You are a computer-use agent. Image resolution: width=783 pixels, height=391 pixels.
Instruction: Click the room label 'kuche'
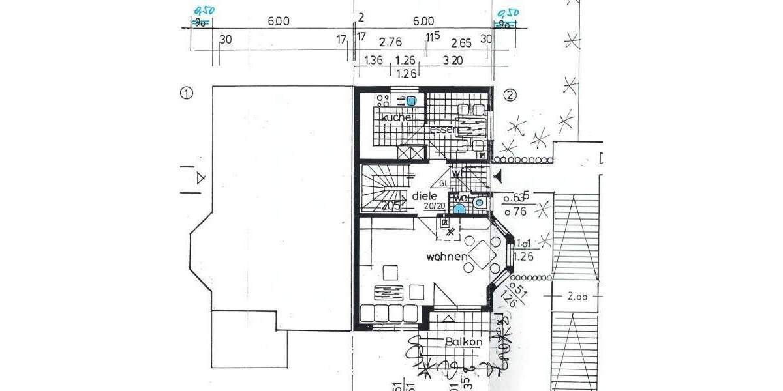[x=397, y=117]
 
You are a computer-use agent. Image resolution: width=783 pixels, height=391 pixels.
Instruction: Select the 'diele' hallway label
[x=423, y=195]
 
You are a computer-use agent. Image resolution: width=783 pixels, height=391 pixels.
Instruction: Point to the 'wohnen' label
[x=447, y=257]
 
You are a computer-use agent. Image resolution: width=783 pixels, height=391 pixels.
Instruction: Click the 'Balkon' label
[x=464, y=341]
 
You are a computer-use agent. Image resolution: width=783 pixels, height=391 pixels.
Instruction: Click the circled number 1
[x=187, y=93]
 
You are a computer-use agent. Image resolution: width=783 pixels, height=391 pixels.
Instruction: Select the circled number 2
[x=510, y=94]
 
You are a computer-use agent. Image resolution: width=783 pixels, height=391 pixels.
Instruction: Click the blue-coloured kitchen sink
[x=412, y=101]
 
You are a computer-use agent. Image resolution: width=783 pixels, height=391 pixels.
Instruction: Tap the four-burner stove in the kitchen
[x=383, y=100]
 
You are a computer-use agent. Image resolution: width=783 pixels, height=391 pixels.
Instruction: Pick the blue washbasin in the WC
[x=459, y=209]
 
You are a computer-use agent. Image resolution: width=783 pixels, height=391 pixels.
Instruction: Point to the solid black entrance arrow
[x=497, y=175]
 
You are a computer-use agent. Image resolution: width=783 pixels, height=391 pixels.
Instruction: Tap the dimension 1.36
[x=373, y=61]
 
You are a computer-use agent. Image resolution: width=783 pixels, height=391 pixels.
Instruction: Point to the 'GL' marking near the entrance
[x=444, y=184]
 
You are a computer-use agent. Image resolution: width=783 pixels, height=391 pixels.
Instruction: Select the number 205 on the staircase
[x=391, y=206]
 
